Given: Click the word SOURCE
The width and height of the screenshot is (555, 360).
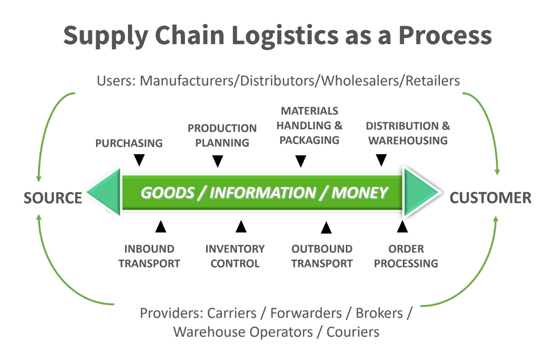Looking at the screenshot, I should tap(53, 198).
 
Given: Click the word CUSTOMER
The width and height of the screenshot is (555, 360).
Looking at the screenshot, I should tap(491, 198).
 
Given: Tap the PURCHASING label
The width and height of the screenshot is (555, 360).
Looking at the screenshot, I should tap(129, 143).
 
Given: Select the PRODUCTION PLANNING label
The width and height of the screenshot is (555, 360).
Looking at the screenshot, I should tap(222, 135).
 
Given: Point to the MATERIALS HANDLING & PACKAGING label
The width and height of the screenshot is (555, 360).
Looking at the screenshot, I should tap(310, 125).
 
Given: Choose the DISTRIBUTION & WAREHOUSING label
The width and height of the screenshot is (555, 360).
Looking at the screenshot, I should tap(408, 133).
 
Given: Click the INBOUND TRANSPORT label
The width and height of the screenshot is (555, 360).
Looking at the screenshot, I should tap(150, 256).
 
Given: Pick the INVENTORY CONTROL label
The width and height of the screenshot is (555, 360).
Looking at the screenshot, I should tap(235, 256).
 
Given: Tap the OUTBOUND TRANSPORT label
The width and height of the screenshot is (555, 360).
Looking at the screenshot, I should tap(322, 256).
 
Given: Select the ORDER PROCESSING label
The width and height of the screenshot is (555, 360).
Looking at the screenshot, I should tap(406, 256).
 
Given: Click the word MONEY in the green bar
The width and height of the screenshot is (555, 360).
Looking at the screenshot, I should tap(359, 193).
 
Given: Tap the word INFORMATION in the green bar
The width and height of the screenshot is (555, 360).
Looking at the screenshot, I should tap(263, 193).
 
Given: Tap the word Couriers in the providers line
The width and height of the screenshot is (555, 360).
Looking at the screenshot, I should tap(353, 331).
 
